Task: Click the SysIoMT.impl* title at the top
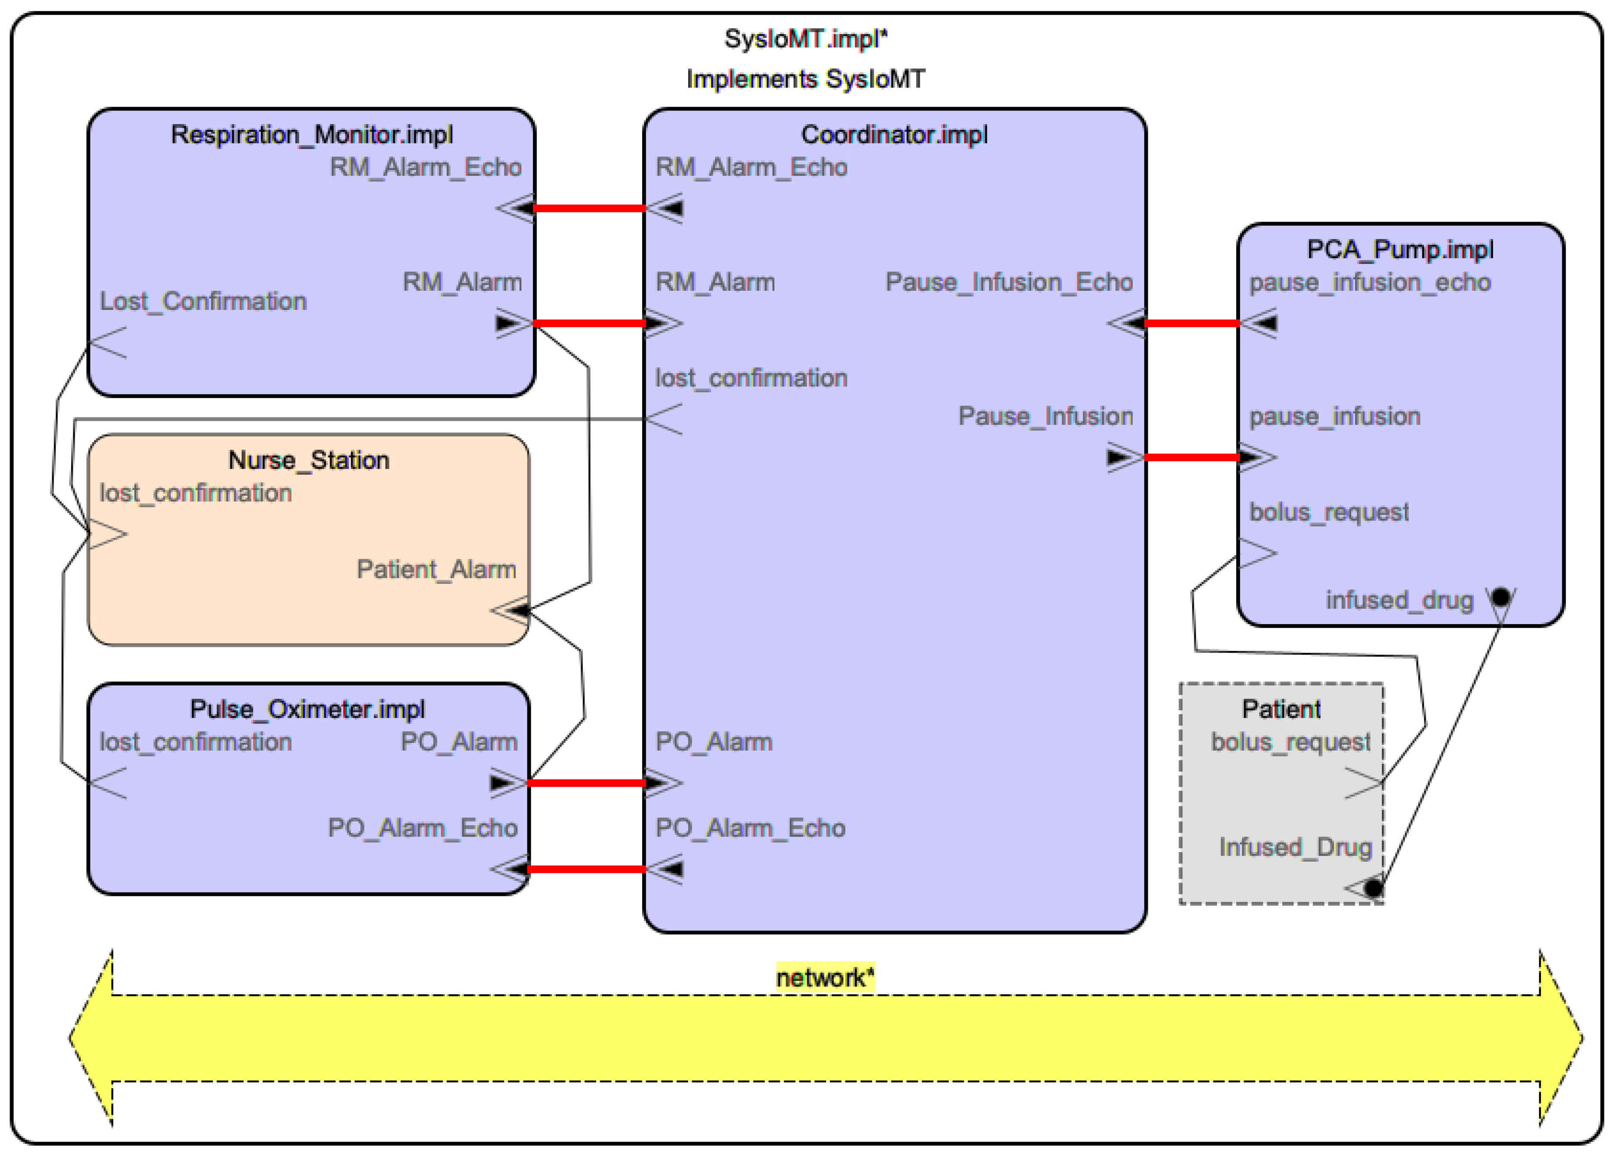[805, 39]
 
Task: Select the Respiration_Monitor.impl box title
[312, 134]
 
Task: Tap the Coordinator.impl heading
[895, 134]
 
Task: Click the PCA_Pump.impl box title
[1400, 250]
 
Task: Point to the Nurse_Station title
[308, 461]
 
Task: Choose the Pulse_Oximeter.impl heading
[307, 710]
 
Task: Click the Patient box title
[1281, 710]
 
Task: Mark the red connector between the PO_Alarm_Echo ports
[587, 869]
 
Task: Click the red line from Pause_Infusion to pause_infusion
[1192, 457]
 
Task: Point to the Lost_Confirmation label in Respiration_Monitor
[203, 302]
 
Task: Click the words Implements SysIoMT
[805, 79]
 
